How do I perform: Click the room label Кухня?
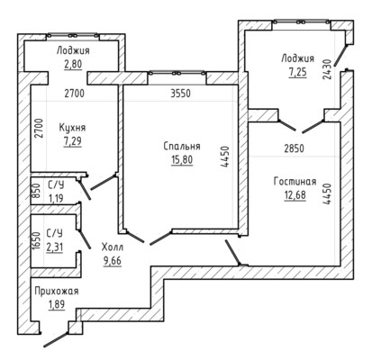click(x=72, y=128)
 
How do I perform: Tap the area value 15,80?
click(x=182, y=159)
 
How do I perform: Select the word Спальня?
click(x=182, y=147)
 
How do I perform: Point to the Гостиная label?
click(x=295, y=182)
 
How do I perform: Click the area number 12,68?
click(x=295, y=195)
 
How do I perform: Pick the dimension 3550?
click(x=180, y=94)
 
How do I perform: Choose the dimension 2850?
click(x=294, y=148)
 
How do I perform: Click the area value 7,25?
click(x=298, y=72)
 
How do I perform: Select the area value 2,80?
click(x=73, y=64)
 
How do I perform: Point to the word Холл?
click(x=113, y=247)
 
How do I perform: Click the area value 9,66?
click(x=113, y=261)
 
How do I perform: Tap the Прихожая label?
click(x=57, y=291)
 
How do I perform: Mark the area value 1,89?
click(x=57, y=304)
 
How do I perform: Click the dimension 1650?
click(x=36, y=240)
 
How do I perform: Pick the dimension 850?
click(x=36, y=190)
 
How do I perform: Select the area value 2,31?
click(x=55, y=247)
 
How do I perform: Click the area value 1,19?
click(x=56, y=198)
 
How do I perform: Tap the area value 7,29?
click(x=72, y=140)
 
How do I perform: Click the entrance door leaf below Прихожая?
click(x=56, y=339)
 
